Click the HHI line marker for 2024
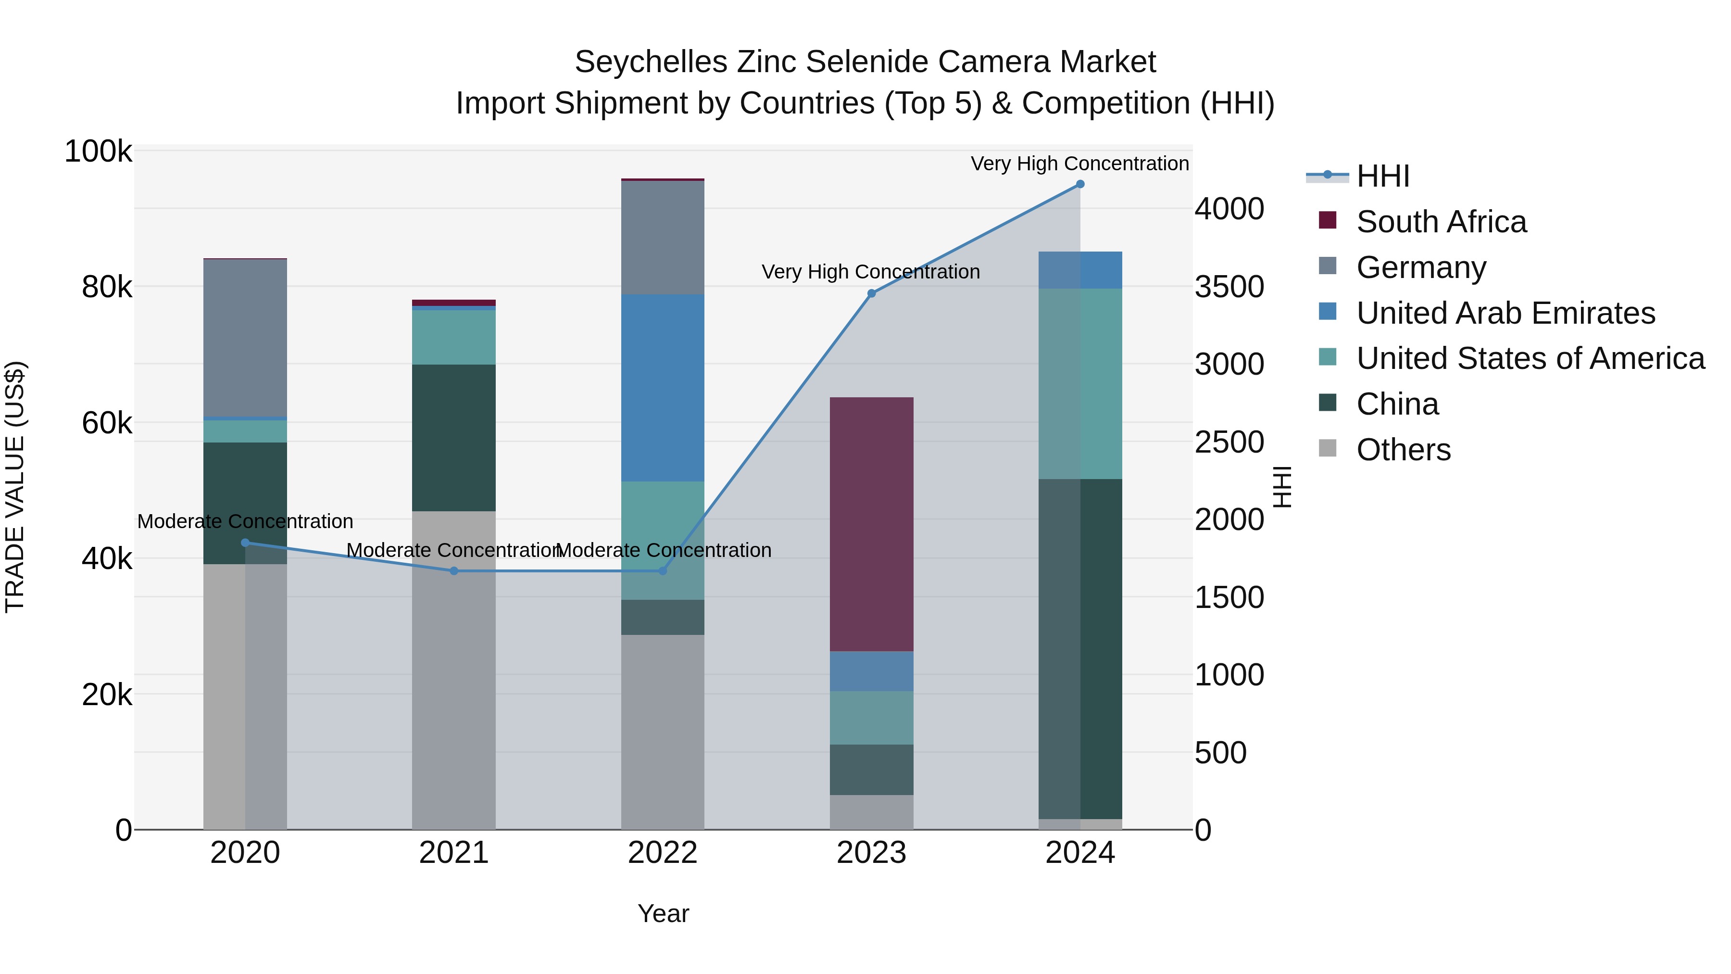1080,184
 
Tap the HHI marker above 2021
453,570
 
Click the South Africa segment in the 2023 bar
872,524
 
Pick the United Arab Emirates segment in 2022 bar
663,388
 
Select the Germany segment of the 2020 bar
245,338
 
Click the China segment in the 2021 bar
453,438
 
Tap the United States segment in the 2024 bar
1080,383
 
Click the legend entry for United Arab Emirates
1505,313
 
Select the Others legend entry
1403,450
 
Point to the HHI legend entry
1382,176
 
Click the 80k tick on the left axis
107,288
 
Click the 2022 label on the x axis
663,853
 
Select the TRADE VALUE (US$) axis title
15,487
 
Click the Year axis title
663,913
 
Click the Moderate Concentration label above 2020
245,521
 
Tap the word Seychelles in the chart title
651,62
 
